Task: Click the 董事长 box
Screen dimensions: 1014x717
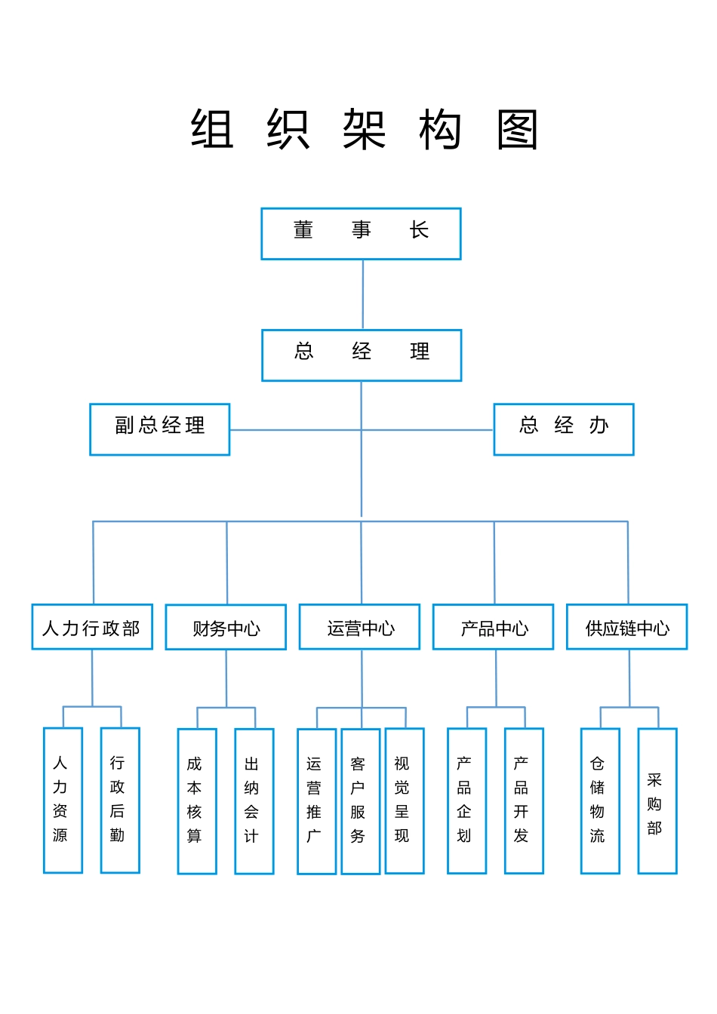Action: (361, 234)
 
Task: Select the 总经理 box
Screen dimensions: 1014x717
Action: (361, 355)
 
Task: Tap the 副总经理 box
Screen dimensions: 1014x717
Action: (159, 429)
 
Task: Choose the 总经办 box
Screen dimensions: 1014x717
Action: (563, 429)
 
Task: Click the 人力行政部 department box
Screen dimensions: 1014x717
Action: (92, 627)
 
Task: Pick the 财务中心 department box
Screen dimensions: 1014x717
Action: (226, 627)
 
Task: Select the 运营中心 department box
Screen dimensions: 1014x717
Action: (359, 627)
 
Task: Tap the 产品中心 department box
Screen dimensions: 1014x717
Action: (493, 627)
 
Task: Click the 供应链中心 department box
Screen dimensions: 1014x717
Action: (626, 627)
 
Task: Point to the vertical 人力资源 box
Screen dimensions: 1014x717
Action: (63, 800)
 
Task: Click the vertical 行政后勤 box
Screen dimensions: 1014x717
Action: (120, 800)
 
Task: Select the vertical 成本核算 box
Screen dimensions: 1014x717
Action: (197, 801)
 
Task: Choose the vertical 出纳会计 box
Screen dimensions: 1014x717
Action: (254, 801)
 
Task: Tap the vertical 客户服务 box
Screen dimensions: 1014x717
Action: (360, 801)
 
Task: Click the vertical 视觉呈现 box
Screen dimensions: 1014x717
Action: (404, 800)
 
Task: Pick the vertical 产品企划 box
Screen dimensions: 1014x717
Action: (466, 800)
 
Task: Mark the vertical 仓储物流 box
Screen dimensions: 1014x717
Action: (600, 800)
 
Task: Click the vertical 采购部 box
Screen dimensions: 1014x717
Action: (657, 800)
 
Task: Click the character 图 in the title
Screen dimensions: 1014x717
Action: (517, 130)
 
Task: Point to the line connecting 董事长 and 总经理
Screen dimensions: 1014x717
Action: (363, 295)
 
